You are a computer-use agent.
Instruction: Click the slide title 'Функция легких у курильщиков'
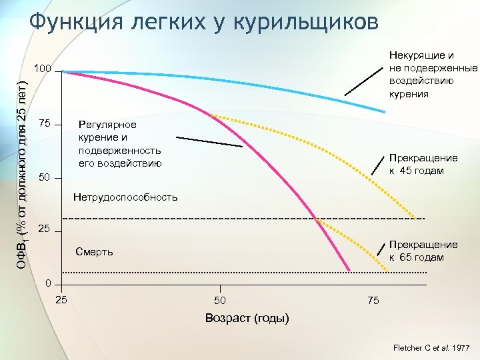(204, 21)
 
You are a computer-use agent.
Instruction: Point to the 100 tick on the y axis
(44, 69)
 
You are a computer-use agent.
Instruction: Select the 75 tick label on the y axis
(45, 124)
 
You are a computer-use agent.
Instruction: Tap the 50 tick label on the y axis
(45, 177)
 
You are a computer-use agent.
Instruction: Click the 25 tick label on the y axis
(45, 230)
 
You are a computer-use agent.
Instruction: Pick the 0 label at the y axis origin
(48, 283)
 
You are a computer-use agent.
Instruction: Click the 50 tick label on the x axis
(220, 301)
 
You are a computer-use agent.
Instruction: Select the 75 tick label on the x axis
(373, 301)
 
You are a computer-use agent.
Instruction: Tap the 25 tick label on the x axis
(61, 299)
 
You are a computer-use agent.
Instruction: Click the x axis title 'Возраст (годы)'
(247, 318)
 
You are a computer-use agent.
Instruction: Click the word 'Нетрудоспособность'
(126, 197)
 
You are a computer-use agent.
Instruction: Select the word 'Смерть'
(95, 252)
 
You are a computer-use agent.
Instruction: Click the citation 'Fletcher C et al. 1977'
(431, 348)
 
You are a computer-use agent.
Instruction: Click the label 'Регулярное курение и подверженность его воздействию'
(119, 143)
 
